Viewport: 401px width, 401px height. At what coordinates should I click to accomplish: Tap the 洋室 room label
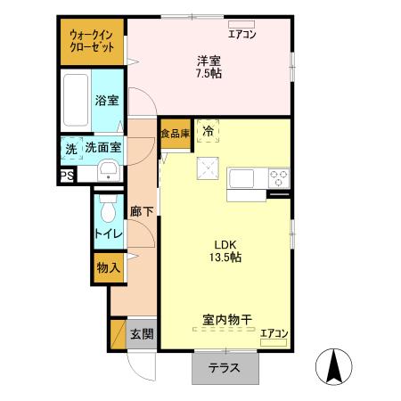point(209,61)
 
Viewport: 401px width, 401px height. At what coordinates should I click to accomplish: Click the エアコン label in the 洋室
point(241,35)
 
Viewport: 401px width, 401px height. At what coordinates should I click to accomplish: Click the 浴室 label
point(106,101)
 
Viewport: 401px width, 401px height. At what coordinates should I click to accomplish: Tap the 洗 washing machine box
point(69,148)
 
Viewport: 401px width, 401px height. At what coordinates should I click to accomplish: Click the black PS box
point(67,176)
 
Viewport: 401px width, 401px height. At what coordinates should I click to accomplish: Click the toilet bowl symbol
point(108,211)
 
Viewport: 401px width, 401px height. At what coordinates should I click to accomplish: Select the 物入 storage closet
point(109,267)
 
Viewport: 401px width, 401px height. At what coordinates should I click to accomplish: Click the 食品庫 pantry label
point(175,134)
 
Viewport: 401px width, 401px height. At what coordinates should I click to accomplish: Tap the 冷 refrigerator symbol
point(208,132)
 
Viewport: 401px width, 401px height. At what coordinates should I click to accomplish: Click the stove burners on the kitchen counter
point(278,176)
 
